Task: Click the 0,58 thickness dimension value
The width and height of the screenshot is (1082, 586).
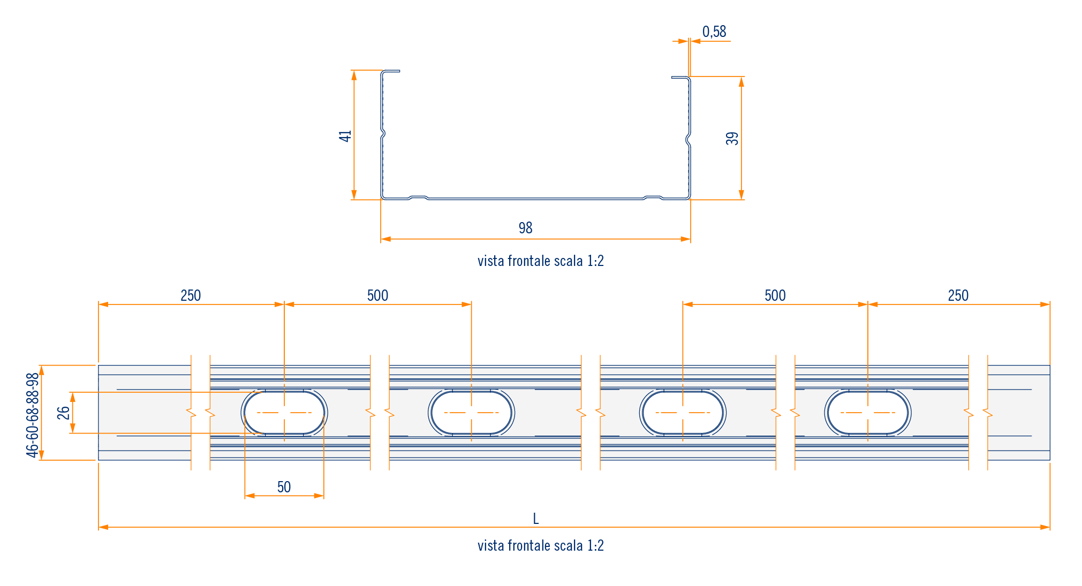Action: pos(714,32)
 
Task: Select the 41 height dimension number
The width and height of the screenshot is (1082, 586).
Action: pos(345,136)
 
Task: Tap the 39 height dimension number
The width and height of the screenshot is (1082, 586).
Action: pos(732,139)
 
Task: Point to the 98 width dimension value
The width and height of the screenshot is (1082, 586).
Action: pos(525,228)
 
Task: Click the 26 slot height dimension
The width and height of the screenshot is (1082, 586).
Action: pos(64,413)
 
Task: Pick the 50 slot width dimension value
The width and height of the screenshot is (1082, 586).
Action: pos(284,487)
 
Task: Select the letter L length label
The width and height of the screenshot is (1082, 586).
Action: pos(536,519)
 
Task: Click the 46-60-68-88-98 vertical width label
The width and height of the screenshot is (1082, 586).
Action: pos(33,415)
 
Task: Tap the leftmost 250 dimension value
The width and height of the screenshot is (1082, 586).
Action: pos(191,295)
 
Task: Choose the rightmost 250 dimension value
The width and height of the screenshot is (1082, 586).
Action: pos(958,295)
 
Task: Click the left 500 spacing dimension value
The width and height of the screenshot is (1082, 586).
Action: pos(377,295)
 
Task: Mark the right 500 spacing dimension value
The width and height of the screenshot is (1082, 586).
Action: pos(775,295)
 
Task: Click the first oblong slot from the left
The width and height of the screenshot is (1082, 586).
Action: pos(284,413)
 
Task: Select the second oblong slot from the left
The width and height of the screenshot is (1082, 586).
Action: pos(471,413)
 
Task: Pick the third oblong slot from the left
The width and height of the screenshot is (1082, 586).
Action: pos(683,413)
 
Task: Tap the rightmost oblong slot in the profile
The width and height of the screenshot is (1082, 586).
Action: pos(868,413)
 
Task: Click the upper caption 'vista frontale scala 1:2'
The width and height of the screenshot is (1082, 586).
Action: pos(540,261)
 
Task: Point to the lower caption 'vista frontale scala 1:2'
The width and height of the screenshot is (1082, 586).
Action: pos(540,546)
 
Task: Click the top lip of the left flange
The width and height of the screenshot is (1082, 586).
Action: pos(391,71)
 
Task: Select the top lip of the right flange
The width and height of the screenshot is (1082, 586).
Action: pos(680,78)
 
